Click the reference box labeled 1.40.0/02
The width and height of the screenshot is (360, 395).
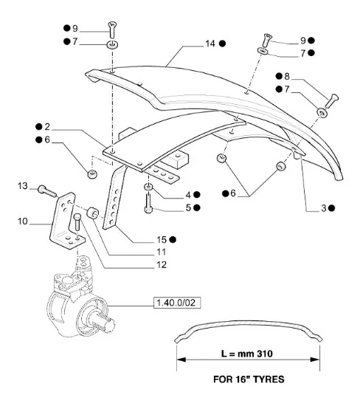(x=177, y=303)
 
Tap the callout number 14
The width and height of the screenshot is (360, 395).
(x=210, y=44)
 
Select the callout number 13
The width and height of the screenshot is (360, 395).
(x=22, y=186)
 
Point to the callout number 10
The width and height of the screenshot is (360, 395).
(x=22, y=221)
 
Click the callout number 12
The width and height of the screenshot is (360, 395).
(x=162, y=265)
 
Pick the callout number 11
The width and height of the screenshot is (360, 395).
(x=161, y=252)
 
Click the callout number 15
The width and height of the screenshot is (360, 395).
(x=162, y=239)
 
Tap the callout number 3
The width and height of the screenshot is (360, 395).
(x=324, y=208)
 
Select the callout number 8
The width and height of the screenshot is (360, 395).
(x=287, y=76)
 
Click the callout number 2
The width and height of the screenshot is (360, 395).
(x=47, y=127)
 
